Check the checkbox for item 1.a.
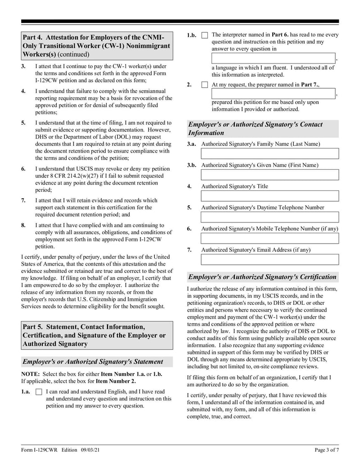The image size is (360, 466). pos(38,392)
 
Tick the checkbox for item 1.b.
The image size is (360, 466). pos(205,35)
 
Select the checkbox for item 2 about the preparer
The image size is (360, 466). pos(205,85)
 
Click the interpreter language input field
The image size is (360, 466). pos(274,58)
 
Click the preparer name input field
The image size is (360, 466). pos(274,94)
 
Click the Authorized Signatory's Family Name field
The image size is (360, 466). pos(270,154)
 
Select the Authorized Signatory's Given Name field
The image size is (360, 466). pos(270,175)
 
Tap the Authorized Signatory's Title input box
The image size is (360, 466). pos(270,196)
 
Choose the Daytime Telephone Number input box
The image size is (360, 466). pos(270,217)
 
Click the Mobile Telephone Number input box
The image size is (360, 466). pos(270,238)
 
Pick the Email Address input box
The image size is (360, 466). pos(270,259)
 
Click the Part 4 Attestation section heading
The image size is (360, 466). pos(97,45)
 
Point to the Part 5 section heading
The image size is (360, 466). pos(97,335)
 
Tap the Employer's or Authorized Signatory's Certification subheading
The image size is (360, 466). pos(262,277)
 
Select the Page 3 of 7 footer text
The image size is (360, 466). pos(326,451)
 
